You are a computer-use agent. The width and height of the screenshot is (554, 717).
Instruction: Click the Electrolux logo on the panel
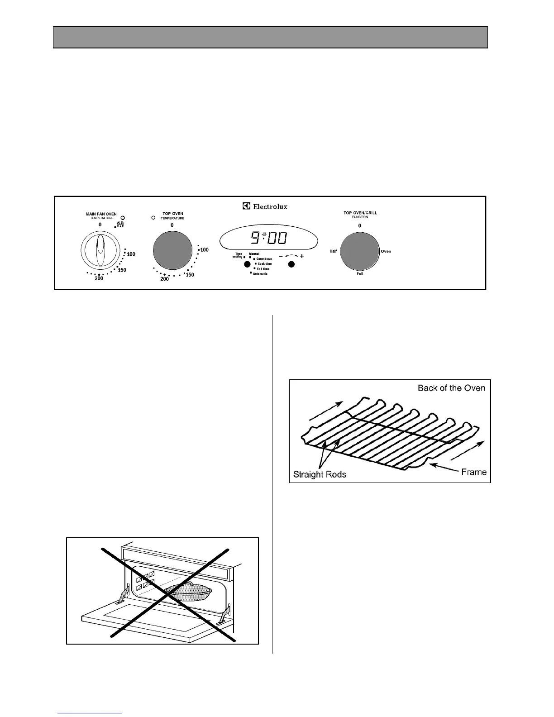coord(265,206)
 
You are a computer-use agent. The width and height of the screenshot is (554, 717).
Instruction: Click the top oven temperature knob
coord(172,250)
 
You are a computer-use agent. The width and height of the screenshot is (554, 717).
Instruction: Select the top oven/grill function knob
coord(360,251)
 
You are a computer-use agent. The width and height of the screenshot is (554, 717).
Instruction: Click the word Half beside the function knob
coord(333,251)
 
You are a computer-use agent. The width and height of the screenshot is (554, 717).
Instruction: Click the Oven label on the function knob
coord(386,251)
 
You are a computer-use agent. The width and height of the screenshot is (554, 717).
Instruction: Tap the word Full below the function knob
coord(360,274)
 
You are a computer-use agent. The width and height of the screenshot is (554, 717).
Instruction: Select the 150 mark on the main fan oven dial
coord(122,270)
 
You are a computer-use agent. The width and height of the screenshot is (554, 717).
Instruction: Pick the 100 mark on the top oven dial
coord(204,250)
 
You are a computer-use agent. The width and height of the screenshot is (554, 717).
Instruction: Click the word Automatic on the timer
coord(260,274)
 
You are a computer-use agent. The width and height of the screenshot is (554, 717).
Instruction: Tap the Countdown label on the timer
coord(264,259)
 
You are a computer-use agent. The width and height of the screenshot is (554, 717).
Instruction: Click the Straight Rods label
coord(320,474)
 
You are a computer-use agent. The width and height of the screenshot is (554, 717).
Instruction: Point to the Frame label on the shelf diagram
coord(474,472)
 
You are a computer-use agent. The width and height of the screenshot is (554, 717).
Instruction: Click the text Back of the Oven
coord(451,388)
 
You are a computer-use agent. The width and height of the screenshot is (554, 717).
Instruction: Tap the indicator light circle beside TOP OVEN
coord(153,218)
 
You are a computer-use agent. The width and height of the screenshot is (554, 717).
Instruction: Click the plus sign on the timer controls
coord(302,256)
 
